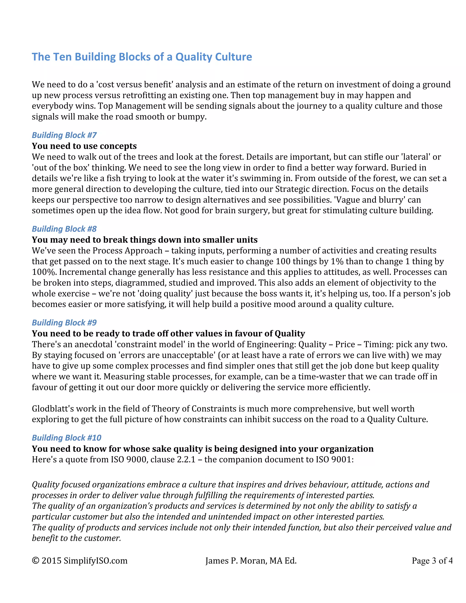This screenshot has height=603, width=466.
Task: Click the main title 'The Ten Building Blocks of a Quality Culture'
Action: click(142, 57)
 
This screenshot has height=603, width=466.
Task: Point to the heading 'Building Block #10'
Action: click(66, 438)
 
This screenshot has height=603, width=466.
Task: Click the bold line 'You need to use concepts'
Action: click(84, 146)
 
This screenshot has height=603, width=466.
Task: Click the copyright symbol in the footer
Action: click(35, 560)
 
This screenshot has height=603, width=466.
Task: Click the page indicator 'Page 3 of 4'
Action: click(432, 560)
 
